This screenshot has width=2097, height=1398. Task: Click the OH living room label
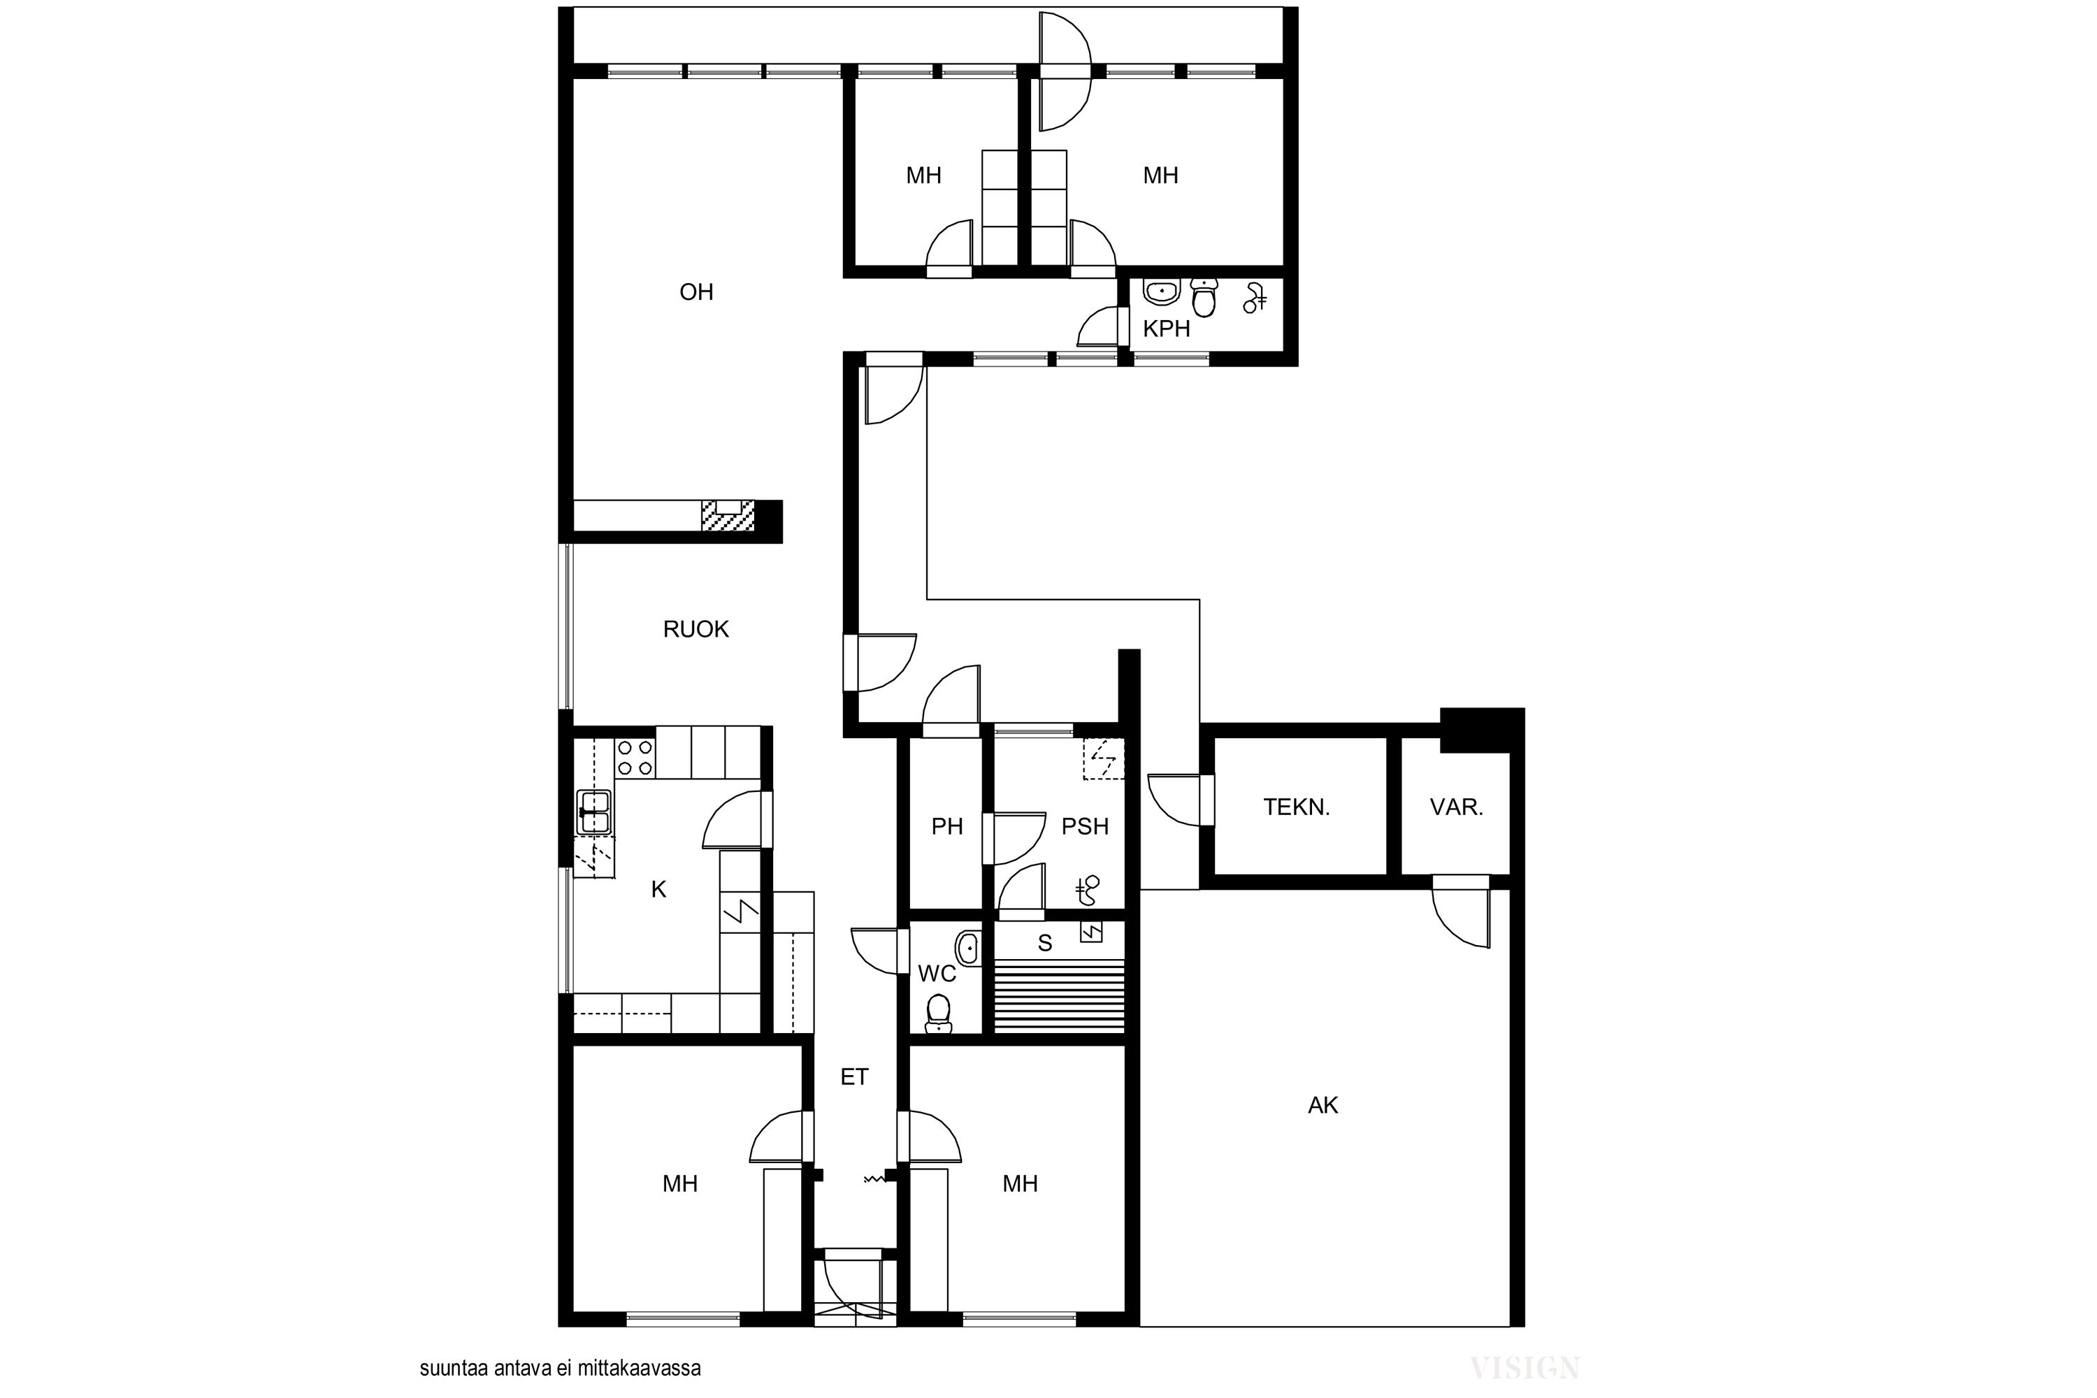coord(696,291)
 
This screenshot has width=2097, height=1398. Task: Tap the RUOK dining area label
coord(696,630)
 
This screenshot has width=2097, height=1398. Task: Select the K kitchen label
coord(659,889)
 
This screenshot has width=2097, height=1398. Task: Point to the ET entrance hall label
coord(854,1077)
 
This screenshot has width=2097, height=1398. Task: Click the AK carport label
coord(1323,1106)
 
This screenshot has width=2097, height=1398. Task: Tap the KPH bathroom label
coord(1166,329)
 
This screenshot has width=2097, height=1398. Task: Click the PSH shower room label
coord(1085,826)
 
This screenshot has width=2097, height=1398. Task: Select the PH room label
coord(947,826)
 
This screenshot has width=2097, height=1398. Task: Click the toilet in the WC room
coord(938,1014)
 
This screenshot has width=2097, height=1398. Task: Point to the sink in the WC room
coord(967,948)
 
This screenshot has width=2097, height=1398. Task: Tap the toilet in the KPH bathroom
coord(1204,297)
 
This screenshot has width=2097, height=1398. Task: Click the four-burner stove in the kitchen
coord(635,758)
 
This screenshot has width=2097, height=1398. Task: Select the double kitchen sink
coord(593,812)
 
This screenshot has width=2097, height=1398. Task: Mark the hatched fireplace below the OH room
coord(728,515)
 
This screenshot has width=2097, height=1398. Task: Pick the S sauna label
coord(1045,942)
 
